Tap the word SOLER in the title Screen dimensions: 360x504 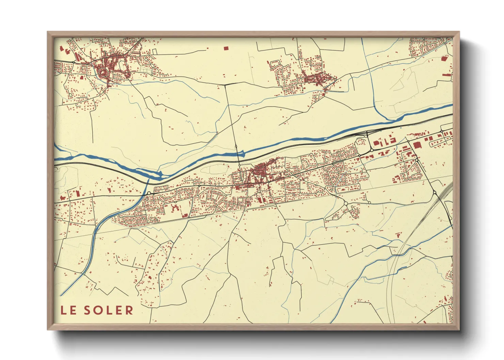109,310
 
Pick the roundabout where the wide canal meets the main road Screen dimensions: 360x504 149,193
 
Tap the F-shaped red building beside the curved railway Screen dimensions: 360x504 397,235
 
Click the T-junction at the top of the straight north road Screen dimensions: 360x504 225,84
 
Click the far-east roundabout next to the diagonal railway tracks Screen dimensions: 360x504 435,193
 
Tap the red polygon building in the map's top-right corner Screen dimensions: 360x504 444,58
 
